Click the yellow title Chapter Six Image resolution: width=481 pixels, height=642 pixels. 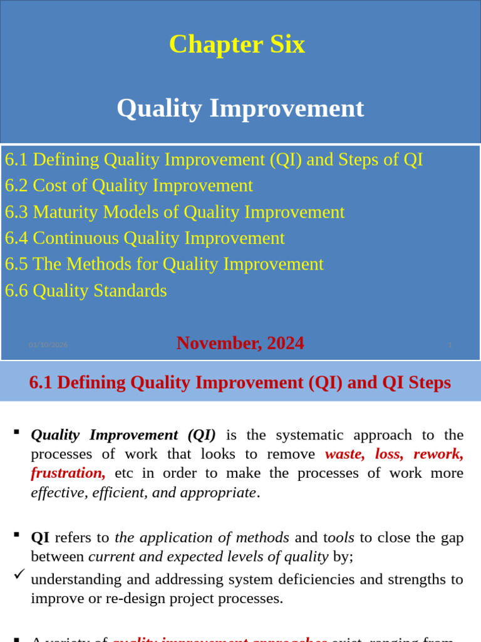pyautogui.click(x=237, y=45)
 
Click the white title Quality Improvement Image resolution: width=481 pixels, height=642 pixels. pyautogui.click(x=240, y=108)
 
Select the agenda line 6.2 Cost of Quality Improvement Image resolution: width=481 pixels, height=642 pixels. pyautogui.click(x=129, y=186)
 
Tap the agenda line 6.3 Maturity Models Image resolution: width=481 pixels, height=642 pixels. pyautogui.click(x=175, y=212)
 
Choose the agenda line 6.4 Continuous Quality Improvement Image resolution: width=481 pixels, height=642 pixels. pyautogui.click(x=145, y=238)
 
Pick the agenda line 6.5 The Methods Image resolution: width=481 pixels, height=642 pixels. pyautogui.click(x=164, y=264)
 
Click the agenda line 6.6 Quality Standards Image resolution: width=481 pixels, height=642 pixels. pyautogui.click(x=86, y=290)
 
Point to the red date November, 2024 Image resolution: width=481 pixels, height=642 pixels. pyautogui.click(x=240, y=343)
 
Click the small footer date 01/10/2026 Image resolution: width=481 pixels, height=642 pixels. pyautogui.click(x=48, y=345)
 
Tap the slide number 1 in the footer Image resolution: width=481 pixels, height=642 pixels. pyautogui.click(x=450, y=345)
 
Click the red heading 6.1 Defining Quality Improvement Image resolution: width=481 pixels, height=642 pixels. pyautogui.click(x=240, y=382)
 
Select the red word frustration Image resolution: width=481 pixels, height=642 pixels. pyautogui.click(x=68, y=473)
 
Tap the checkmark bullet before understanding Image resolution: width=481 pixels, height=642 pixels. pyautogui.click(x=19, y=574)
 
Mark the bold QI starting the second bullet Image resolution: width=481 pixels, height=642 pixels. pyautogui.click(x=40, y=537)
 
